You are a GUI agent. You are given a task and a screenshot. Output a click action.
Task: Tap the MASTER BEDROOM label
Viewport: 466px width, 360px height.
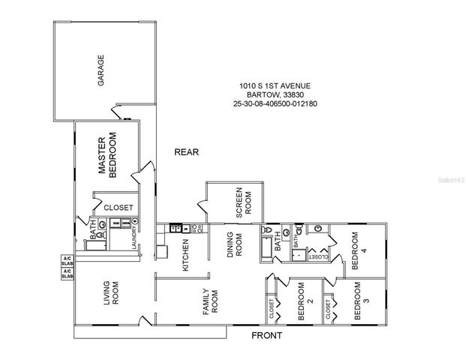[x=109, y=155]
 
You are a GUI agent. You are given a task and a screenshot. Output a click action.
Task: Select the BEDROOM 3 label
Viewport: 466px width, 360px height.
[x=361, y=301]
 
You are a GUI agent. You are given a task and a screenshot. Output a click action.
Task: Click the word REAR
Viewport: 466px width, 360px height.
[x=186, y=152]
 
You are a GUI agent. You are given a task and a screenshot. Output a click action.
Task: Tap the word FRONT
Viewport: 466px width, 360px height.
[x=266, y=335]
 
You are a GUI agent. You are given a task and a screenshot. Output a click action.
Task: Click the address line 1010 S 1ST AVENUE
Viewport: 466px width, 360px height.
[x=275, y=86]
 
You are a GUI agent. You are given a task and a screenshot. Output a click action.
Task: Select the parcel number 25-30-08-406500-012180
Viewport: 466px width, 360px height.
[x=275, y=104]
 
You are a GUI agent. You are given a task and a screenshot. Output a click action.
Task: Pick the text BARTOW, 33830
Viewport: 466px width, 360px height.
[x=275, y=95]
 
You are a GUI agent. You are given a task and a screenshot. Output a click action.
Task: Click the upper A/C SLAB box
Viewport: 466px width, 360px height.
[x=67, y=262]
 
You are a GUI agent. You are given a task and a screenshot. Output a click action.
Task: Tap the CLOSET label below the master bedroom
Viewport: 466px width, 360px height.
[x=119, y=208]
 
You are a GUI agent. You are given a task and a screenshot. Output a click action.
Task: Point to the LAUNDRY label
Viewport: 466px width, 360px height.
[x=133, y=238]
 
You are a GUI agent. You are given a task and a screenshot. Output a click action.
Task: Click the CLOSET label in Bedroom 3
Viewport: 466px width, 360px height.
[x=328, y=307]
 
